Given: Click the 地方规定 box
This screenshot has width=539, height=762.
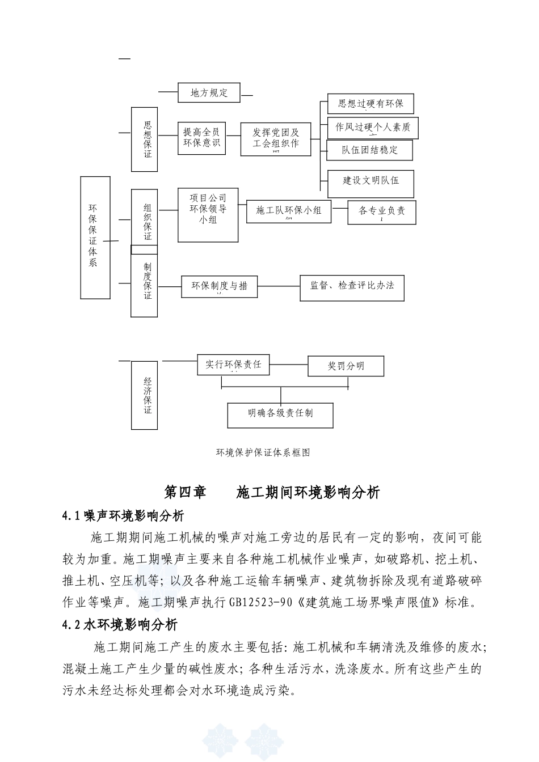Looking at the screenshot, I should tap(209, 93).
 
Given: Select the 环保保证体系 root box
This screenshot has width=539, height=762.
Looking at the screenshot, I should tap(95, 238).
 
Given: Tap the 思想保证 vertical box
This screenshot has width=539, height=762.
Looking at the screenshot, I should tap(144, 139).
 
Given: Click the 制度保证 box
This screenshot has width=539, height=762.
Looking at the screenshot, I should tap(144, 285).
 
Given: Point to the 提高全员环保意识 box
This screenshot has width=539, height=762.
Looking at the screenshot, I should tap(201, 138).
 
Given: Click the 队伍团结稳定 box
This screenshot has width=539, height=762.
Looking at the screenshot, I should tap(369, 150).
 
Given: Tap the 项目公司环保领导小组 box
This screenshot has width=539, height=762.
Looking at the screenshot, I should tap(208, 215).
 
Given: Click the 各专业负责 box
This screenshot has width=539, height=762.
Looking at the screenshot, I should tap(382, 211).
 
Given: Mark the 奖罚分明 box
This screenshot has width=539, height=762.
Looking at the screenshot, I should tap(346, 366).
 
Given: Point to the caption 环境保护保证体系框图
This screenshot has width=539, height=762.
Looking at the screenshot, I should tap(263, 452).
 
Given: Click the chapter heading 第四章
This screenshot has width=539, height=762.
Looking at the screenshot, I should tap(185, 492).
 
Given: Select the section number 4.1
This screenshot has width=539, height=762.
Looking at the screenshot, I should tap(72, 516).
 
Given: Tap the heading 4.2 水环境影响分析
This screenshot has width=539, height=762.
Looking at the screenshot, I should tap(120, 625).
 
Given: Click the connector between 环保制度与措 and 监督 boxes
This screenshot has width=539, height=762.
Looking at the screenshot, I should tap(279, 286).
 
